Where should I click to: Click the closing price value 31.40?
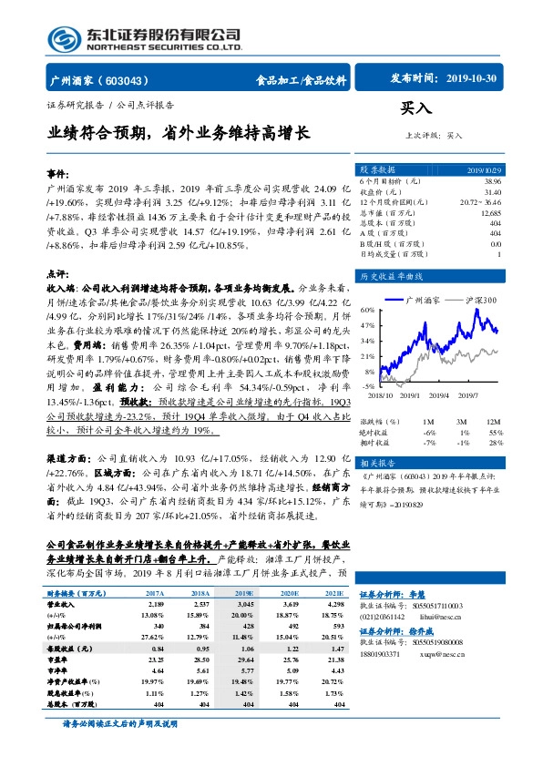[492, 191]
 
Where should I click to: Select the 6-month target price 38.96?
[492, 182]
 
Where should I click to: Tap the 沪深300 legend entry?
[475, 299]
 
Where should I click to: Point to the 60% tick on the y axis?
[367, 311]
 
